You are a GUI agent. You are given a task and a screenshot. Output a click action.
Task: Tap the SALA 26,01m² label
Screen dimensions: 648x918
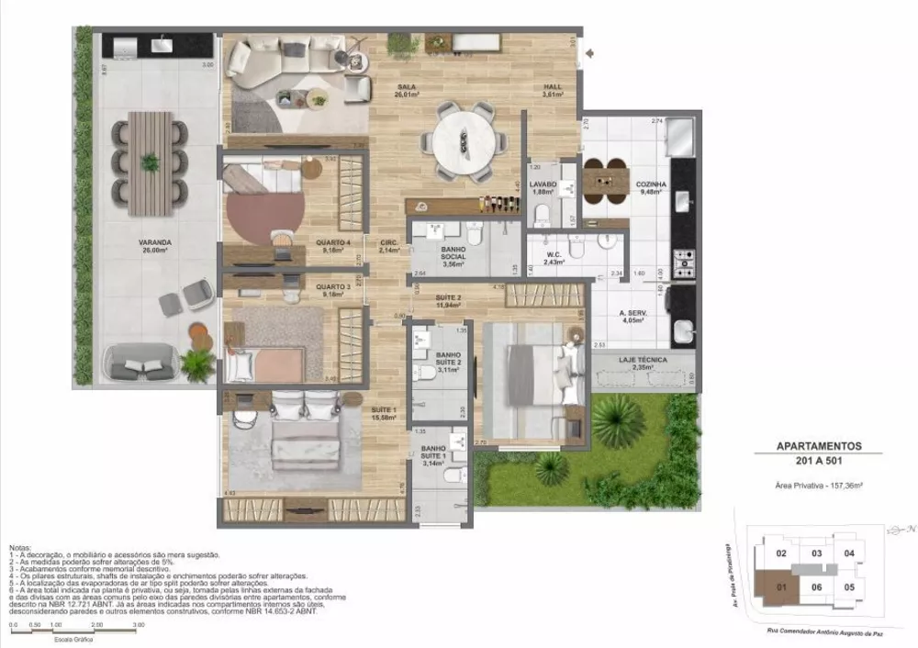click(x=407, y=90)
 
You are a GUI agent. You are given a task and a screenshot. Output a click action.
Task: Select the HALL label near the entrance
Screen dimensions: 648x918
click(x=551, y=90)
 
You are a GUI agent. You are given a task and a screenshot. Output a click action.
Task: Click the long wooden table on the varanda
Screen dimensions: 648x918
click(x=150, y=162)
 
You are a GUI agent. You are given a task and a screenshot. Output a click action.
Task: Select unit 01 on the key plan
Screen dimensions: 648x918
click(x=780, y=587)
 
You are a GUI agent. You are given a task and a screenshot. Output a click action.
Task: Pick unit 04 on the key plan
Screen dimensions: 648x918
click(x=849, y=553)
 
